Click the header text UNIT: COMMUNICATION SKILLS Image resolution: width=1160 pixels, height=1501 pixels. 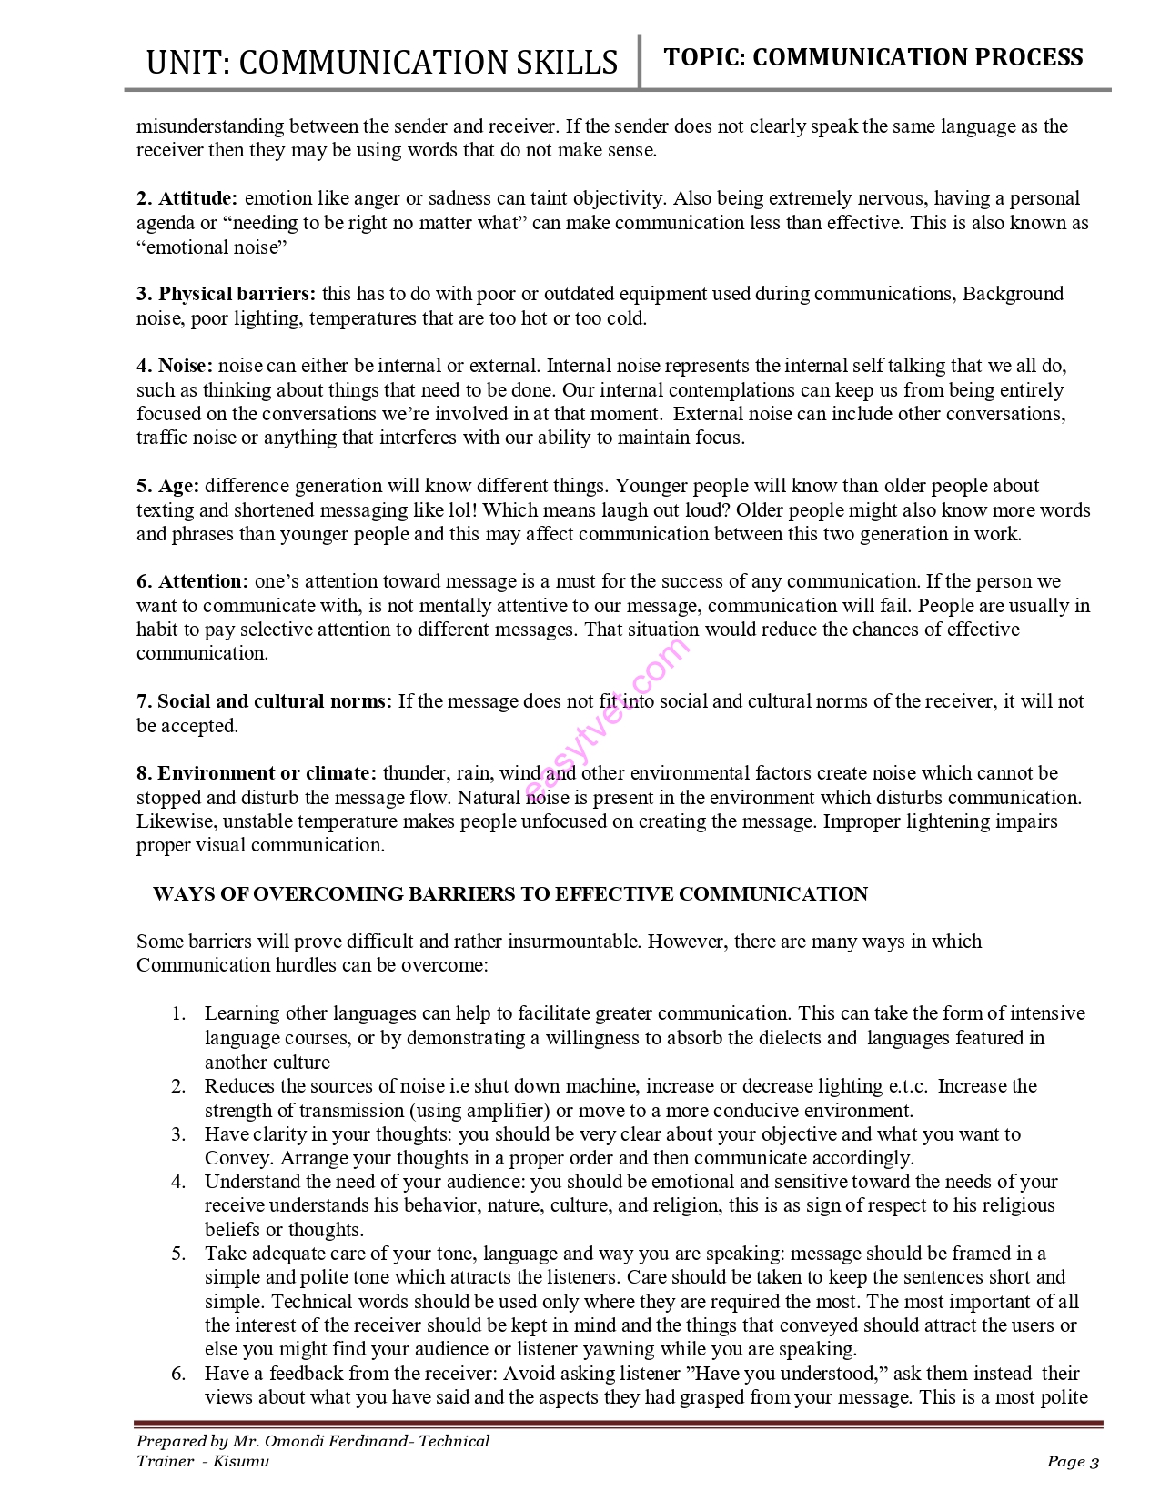382,62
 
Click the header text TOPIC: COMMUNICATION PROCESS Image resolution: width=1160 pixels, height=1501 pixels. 873,57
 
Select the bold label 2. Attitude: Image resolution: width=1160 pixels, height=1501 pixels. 187,198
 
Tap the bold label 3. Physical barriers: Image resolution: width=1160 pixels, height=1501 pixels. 227,294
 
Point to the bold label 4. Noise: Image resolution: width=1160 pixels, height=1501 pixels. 175,366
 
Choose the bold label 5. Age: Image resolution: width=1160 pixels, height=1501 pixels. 168,486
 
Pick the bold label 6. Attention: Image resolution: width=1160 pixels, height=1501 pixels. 193,581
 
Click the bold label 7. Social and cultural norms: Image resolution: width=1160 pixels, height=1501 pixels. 265,701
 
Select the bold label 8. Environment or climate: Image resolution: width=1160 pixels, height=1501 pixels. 257,773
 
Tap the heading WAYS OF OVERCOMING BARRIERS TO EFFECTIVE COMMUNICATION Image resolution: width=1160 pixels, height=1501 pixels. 509,894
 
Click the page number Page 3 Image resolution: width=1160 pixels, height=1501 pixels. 1073,1462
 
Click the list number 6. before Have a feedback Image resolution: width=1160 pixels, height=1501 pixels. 178,1374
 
